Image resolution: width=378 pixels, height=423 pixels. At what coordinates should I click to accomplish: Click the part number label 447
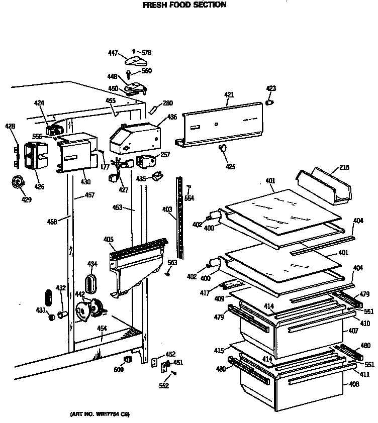click(113, 52)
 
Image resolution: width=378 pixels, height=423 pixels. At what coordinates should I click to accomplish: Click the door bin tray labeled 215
click(324, 186)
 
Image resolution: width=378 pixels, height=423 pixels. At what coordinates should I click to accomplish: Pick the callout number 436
click(172, 117)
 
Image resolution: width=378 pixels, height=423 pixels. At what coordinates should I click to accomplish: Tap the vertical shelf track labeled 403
click(179, 216)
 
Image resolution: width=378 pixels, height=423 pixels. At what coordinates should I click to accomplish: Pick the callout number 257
click(165, 155)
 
